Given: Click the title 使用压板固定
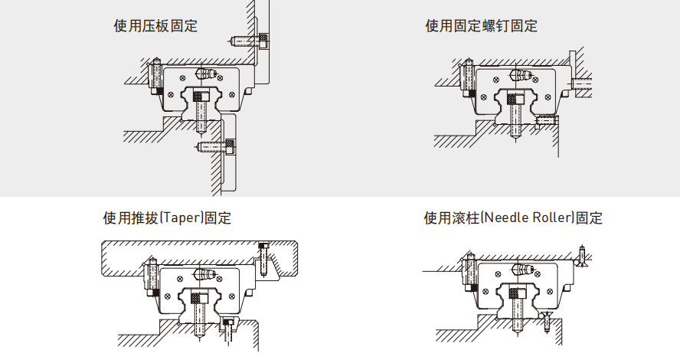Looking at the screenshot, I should click(155, 26).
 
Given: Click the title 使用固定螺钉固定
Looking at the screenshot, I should click(481, 26).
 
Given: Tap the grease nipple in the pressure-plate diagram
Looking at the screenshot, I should click(206, 74).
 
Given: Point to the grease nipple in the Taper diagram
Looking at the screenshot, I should click(205, 273).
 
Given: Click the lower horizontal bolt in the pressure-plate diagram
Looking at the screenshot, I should click(215, 145).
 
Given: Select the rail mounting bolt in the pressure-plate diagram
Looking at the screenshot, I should click(201, 110).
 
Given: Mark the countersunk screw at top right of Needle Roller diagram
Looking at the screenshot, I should click(582, 257).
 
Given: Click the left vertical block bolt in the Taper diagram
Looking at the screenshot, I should click(152, 277).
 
